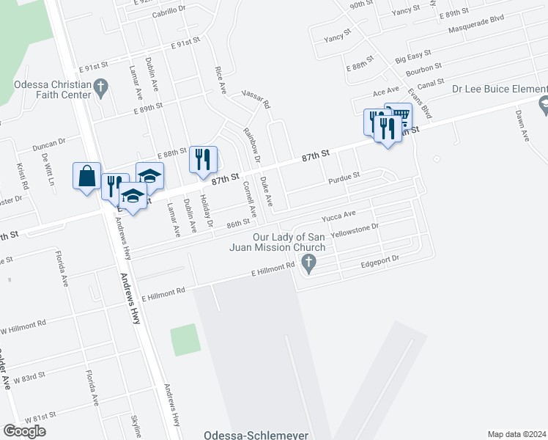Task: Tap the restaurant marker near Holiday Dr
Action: pyautogui.click(x=203, y=159)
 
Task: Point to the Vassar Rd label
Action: pyautogui.click(x=256, y=99)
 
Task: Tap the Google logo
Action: pyautogui.click(x=24, y=431)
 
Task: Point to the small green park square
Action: pyautogui.click(x=184, y=340)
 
